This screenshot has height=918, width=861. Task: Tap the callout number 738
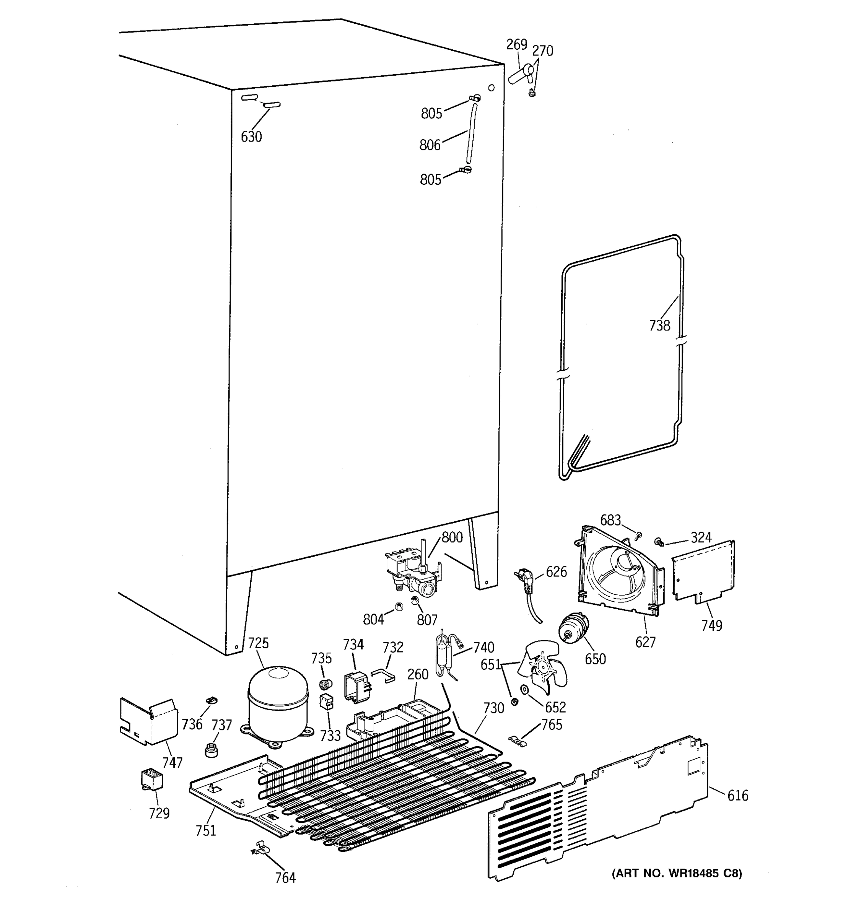(659, 326)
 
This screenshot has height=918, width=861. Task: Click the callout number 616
(738, 795)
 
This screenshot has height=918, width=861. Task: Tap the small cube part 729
(152, 780)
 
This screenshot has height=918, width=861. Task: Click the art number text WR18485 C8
(677, 873)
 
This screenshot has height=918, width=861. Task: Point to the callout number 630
(251, 137)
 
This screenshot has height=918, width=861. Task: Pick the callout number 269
(516, 44)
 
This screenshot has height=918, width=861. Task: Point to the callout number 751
(206, 830)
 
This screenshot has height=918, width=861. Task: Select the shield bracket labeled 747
(149, 722)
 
